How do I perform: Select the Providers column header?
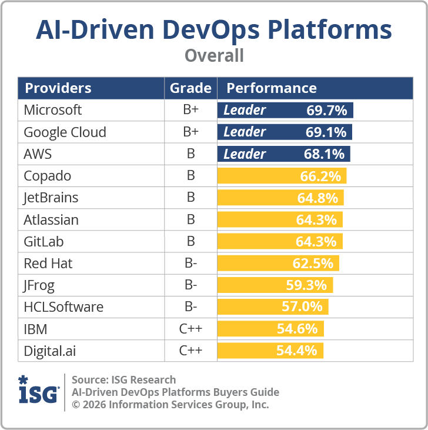(58, 88)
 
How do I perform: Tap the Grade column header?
(190, 88)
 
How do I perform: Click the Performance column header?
(272, 88)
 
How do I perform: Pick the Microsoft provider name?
(53, 110)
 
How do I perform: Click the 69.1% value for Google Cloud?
(326, 132)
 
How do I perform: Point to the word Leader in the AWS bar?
(245, 154)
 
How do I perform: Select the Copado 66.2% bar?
(282, 176)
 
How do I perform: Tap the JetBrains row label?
(51, 198)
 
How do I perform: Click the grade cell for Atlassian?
(190, 220)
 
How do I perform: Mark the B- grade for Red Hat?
(190, 264)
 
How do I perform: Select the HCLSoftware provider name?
(63, 307)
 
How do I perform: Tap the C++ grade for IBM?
(190, 329)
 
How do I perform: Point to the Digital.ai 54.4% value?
(297, 351)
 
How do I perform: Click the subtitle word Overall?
(214, 56)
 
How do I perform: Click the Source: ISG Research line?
(123, 379)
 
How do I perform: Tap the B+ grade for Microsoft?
(190, 110)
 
